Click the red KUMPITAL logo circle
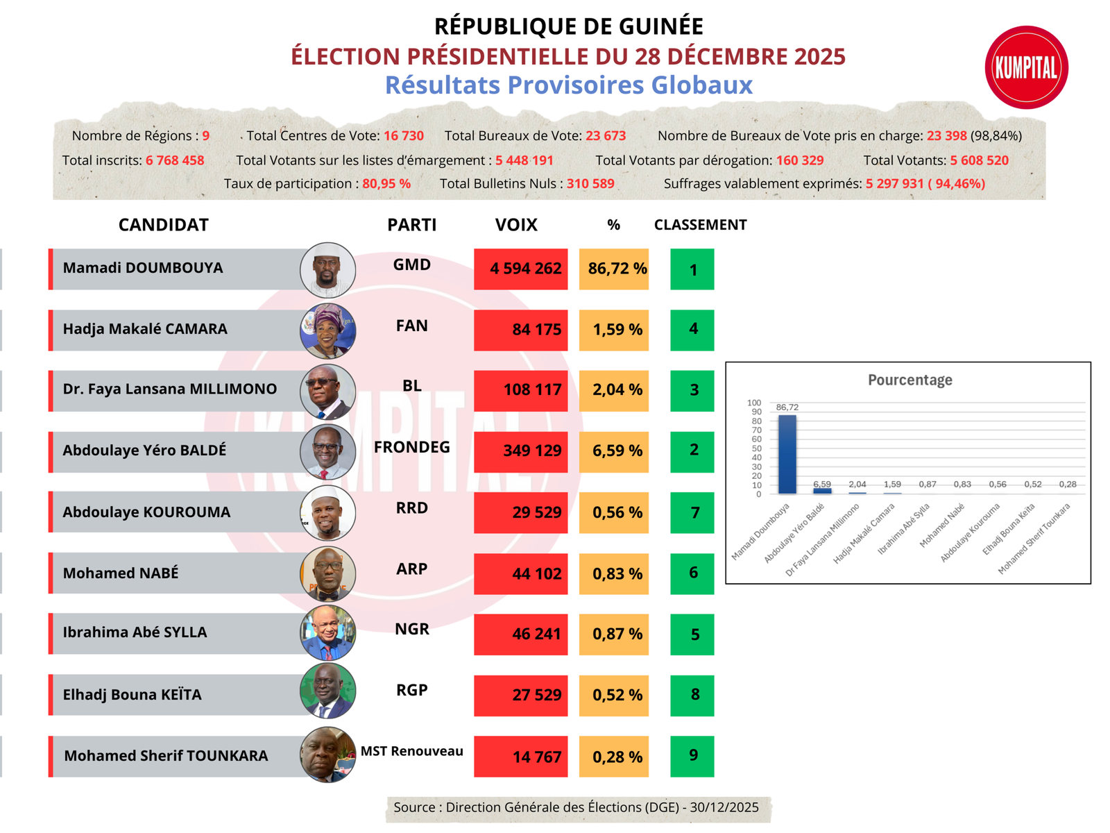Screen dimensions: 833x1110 [1026, 67]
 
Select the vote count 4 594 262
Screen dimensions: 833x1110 [525, 269]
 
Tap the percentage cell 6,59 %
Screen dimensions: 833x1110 [617, 451]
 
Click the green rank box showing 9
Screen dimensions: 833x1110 [692, 755]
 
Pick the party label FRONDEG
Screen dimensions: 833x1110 [411, 447]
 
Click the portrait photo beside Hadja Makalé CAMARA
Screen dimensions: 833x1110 [327, 330]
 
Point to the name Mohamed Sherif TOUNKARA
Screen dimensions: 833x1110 [166, 756]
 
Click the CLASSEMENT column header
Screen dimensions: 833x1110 [700, 225]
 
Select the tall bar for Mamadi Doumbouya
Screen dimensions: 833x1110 [787, 454]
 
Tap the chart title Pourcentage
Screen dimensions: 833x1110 [910, 380]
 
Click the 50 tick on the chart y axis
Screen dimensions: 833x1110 [755, 448]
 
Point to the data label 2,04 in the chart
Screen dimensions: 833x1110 [857, 484]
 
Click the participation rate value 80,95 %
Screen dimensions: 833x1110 [386, 184]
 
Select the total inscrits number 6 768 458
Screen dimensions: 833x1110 [175, 160]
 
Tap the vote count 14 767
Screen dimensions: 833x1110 [536, 757]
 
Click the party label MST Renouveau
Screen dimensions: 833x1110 [411, 751]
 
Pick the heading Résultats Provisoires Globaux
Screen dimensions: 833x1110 [568, 85]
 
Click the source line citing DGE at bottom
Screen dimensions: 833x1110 [576, 807]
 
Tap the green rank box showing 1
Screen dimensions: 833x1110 [692, 269]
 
